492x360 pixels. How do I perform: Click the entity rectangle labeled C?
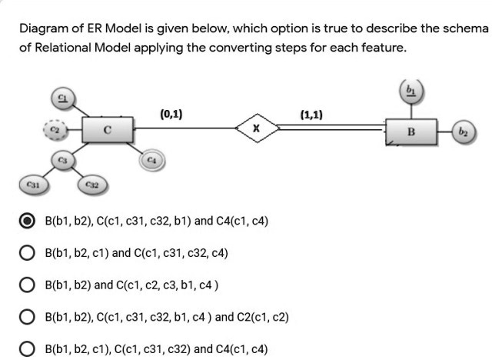(x=107, y=132)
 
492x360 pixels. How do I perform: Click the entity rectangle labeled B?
(x=411, y=132)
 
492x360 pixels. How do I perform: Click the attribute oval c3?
(x=63, y=159)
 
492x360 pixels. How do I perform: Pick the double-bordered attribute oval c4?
(x=151, y=159)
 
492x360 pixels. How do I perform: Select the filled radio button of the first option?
(x=27, y=221)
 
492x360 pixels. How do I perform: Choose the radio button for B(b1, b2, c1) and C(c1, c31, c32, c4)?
(x=27, y=252)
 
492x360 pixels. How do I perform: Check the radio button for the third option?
(x=27, y=285)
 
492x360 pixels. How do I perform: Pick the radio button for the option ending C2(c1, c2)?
(x=27, y=316)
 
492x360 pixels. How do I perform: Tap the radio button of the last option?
(x=27, y=348)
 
